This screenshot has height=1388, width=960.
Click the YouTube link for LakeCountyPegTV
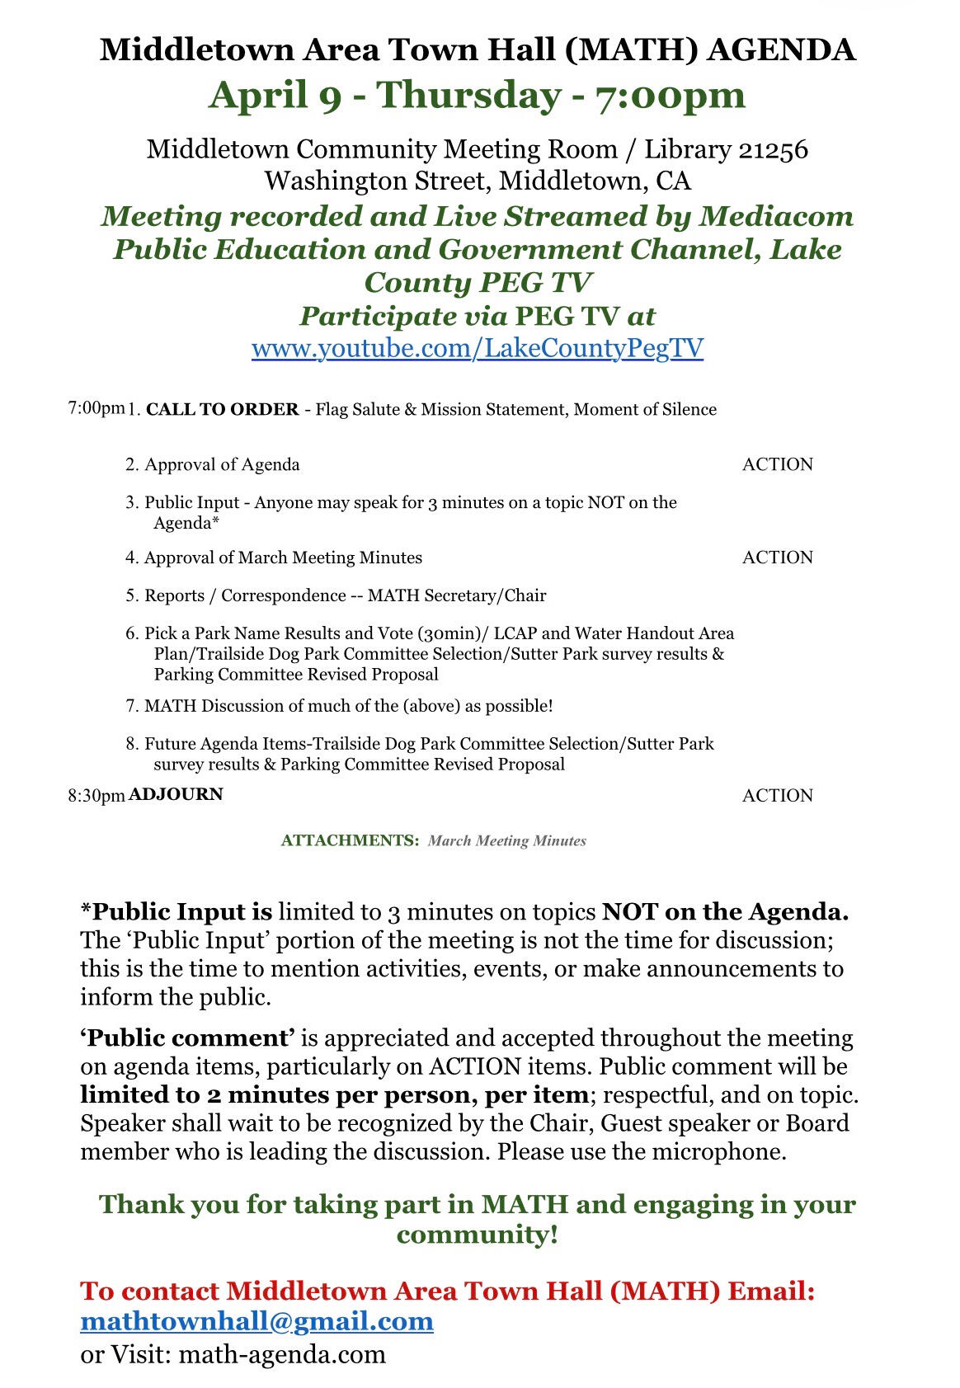tap(478, 348)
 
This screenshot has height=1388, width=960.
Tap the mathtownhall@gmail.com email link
tap(256, 1321)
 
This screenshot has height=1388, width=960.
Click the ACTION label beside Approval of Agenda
tap(777, 464)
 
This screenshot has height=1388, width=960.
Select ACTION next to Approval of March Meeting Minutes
tap(777, 558)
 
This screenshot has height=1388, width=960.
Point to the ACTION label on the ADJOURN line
tap(777, 796)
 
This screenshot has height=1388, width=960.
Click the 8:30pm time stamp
tap(96, 796)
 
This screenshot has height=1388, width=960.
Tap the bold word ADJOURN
tap(176, 794)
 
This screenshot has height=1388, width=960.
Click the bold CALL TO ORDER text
tap(222, 410)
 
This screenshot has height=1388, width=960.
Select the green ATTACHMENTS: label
tap(351, 841)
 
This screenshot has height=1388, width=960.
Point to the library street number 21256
tap(773, 149)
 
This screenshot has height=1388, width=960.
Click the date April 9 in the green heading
tap(275, 95)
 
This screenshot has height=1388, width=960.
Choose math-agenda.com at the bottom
tap(282, 1354)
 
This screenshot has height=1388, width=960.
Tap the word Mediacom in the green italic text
tap(776, 216)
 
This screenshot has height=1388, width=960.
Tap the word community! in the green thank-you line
tap(478, 1235)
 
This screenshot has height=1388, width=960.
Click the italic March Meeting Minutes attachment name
tap(507, 841)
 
